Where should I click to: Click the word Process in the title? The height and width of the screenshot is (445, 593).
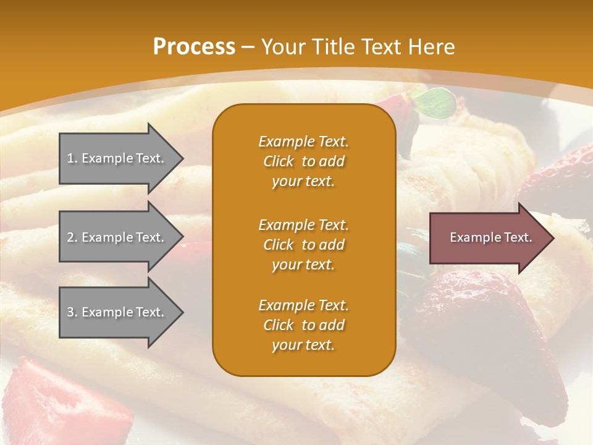194,47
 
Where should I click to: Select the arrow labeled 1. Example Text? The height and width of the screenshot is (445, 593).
117,158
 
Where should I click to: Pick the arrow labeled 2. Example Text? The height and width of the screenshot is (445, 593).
117,237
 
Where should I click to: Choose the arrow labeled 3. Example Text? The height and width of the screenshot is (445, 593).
117,312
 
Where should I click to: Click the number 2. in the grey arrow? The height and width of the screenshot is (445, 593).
72,237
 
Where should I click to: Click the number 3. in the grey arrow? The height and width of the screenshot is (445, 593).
72,312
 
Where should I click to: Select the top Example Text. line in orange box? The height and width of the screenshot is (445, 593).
303,142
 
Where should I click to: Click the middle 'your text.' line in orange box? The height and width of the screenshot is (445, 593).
303,265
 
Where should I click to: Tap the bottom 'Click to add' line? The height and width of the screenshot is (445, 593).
303,325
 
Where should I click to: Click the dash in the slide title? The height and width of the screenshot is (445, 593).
248,48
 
